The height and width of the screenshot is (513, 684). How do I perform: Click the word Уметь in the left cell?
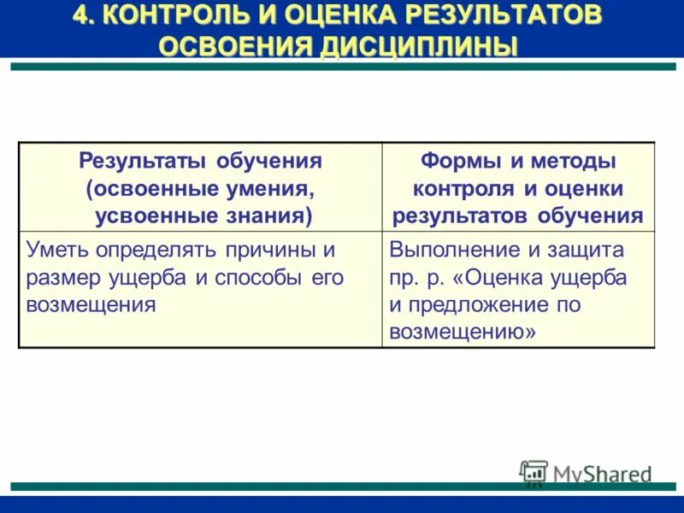click(x=54, y=251)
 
